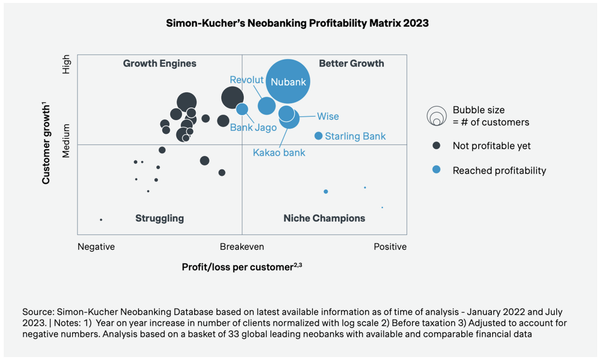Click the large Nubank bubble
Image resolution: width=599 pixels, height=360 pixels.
pos(288,81)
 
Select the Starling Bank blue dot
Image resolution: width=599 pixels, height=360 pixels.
pos(319,136)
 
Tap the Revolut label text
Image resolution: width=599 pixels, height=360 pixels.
pos(247,80)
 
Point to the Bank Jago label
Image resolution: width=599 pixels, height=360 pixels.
pos(253,128)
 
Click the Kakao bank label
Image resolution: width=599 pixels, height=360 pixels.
pos(279,153)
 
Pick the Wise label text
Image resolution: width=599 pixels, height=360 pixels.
pos(328,116)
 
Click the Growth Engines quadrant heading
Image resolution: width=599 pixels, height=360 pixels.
pos(159,64)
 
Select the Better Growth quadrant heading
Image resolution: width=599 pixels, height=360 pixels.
pos(351,64)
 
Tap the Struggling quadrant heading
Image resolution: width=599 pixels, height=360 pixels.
pos(159,218)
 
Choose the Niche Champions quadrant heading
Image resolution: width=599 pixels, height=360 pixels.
pos(324,218)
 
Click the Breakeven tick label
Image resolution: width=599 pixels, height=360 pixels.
pos(242,247)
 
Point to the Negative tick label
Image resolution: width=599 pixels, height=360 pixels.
pos(96,247)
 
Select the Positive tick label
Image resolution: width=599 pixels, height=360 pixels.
pos(390,247)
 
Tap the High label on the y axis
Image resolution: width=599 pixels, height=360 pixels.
pos(66,64)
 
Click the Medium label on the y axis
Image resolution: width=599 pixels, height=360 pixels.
pos(66,141)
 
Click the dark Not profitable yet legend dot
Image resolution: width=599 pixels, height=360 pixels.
pos(436,145)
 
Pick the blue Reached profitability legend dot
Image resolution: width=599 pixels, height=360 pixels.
pos(436,170)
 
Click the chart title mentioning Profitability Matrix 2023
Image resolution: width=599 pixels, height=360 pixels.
pos(297,23)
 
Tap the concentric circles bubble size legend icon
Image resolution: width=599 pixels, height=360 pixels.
pos(436,116)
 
